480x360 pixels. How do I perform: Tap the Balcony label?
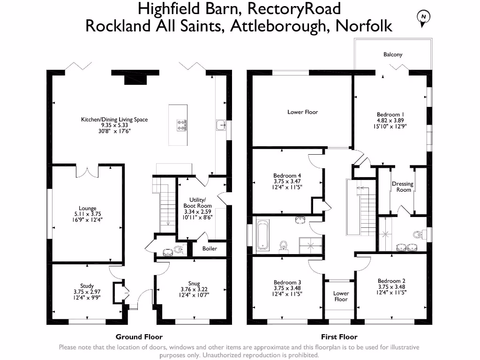coord(393,54)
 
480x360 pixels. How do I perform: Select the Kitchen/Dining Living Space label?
coord(114,120)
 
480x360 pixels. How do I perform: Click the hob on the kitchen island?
coord(181,125)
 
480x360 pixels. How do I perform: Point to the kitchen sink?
coord(221,125)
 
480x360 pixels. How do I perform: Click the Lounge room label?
coord(87,208)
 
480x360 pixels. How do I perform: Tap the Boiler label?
coord(210,248)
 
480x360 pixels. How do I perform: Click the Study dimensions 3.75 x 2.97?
coord(87,292)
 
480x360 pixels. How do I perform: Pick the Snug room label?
coord(194,283)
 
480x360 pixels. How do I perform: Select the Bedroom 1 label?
coord(390,114)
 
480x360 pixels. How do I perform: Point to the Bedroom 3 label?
coord(287,282)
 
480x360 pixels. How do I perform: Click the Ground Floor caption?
coord(139,337)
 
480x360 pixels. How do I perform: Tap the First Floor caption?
coord(339,337)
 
